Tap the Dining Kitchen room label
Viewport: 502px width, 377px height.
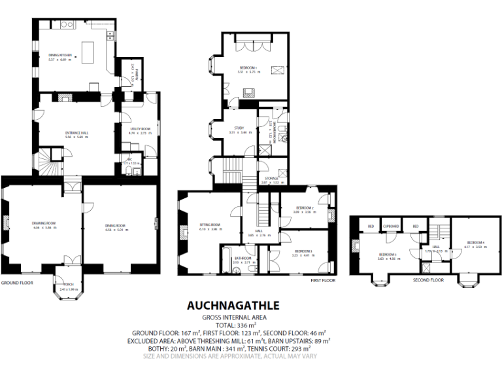[x=59, y=56]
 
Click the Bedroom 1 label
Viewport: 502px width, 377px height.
[x=248, y=67]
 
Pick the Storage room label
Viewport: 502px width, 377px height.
[x=271, y=178]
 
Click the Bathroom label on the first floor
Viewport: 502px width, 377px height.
[x=243, y=258]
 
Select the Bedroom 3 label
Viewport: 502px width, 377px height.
[x=303, y=251]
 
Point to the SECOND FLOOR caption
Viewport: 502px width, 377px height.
[x=428, y=279]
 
